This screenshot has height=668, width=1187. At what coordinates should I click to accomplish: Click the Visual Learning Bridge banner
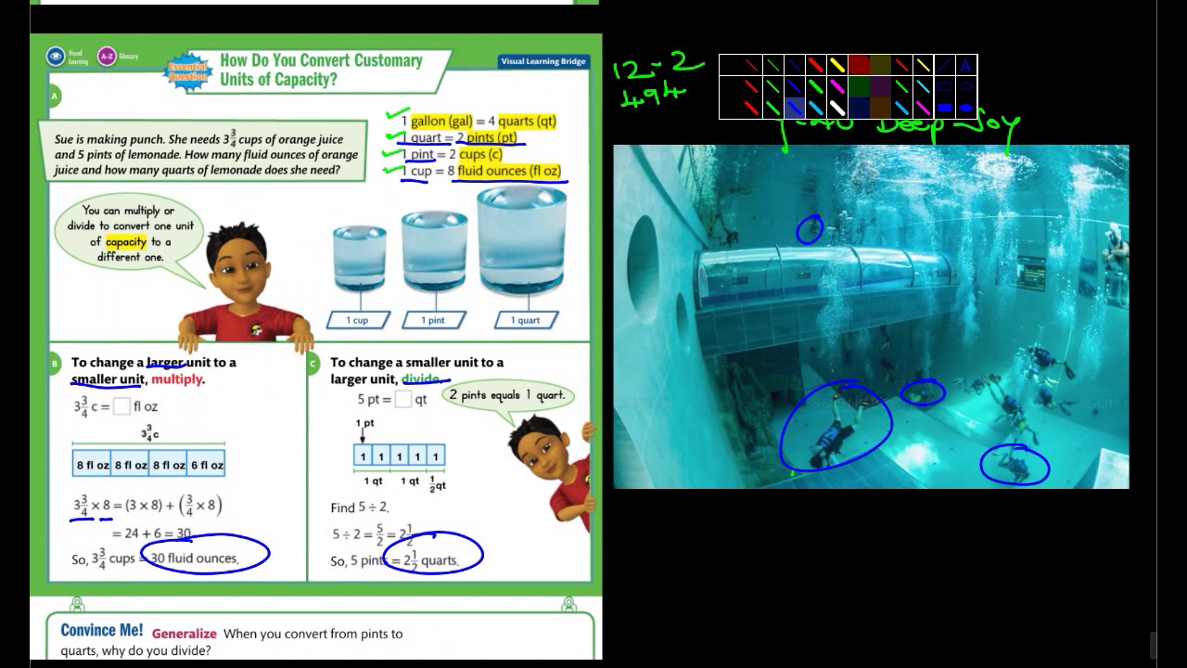click(x=543, y=61)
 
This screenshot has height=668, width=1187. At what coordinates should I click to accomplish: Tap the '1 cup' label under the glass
click(x=357, y=320)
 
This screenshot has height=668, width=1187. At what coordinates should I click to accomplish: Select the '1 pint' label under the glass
click(x=433, y=320)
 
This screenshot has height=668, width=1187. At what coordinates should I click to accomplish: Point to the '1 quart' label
click(x=525, y=320)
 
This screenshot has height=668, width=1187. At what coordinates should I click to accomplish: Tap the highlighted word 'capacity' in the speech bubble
click(x=126, y=242)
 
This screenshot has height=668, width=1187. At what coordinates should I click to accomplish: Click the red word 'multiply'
click(x=176, y=379)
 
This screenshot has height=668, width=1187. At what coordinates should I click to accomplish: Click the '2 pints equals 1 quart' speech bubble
click(x=506, y=395)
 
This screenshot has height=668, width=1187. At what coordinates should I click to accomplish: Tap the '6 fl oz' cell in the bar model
click(x=207, y=465)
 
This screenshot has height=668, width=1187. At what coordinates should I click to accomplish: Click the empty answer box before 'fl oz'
click(x=121, y=406)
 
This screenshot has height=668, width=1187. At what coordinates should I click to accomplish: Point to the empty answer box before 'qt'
click(x=402, y=400)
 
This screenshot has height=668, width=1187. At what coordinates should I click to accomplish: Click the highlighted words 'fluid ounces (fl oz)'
click(x=509, y=172)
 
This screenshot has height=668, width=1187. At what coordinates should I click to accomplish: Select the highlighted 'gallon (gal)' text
click(x=441, y=122)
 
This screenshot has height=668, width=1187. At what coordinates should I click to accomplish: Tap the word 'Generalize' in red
click(x=185, y=634)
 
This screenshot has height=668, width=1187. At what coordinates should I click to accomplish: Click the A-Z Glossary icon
click(x=107, y=57)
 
